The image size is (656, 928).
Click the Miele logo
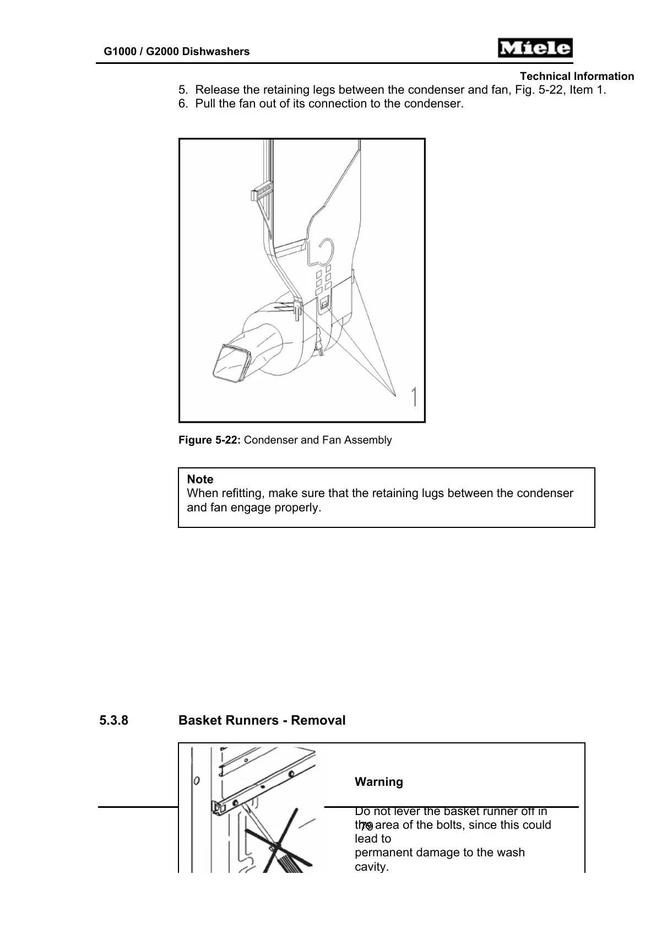coord(535,48)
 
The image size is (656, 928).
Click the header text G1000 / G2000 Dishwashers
coord(177,52)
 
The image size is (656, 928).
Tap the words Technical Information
coord(577,77)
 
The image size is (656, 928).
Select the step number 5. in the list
coord(183,90)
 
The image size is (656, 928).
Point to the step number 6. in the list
coord(183,104)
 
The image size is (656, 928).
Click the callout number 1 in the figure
coord(414,397)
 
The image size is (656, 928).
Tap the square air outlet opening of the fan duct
coord(231,364)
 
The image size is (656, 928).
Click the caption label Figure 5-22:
coord(209,440)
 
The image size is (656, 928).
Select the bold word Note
coord(200,479)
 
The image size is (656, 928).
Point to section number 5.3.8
coord(114,720)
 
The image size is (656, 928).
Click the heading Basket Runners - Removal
coord(262,720)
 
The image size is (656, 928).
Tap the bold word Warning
coord(379,782)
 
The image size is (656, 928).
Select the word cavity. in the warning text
coord(372,867)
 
